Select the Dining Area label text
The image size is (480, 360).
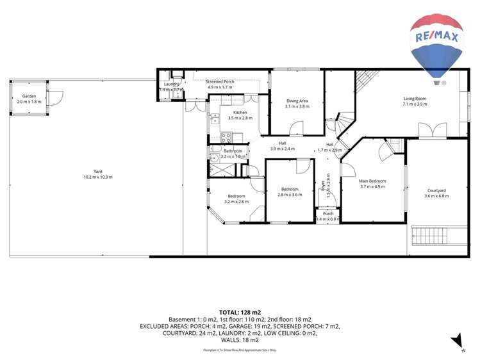click(297, 101)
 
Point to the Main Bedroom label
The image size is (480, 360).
click(372, 181)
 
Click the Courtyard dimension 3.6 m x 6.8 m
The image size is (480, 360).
click(436, 196)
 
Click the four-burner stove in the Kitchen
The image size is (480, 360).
click(226, 136)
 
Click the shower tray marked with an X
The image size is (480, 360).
click(222, 169)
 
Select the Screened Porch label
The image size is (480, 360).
click(219, 82)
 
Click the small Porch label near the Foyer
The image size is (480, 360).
click(327, 213)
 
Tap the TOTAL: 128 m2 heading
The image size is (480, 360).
click(240, 311)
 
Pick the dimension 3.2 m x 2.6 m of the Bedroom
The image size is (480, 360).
click(236, 202)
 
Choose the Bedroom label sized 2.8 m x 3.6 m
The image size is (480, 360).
click(290, 189)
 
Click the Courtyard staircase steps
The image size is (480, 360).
click(438, 235)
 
